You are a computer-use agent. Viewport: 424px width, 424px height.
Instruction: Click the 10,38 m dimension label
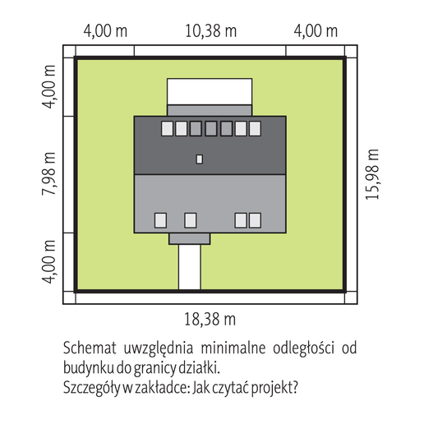[x=211, y=30]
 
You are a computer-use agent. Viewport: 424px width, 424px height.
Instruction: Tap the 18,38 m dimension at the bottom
[x=210, y=319]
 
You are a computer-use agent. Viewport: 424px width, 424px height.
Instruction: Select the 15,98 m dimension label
[x=372, y=174]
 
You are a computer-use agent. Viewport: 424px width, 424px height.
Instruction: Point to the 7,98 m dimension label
[x=48, y=173]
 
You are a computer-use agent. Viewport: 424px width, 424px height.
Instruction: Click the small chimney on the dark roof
[x=200, y=159]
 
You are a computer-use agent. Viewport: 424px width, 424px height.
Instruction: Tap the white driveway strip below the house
[x=190, y=267]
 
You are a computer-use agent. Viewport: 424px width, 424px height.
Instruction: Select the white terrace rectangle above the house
[x=210, y=91]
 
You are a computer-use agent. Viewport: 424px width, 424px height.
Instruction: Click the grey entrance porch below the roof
[x=190, y=239]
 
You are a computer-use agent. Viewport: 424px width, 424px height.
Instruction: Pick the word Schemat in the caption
[x=90, y=348]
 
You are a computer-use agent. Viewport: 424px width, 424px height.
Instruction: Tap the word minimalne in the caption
[x=233, y=348]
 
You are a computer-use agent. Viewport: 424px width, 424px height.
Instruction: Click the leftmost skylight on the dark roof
[x=167, y=128]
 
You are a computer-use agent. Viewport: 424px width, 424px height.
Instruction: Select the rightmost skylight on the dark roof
[x=255, y=128]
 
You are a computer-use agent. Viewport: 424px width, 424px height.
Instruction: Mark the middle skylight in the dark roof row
[x=211, y=128]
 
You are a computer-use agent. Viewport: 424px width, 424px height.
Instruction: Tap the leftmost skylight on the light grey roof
[x=160, y=220]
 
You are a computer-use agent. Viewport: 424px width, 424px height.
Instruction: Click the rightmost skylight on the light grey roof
[x=255, y=220]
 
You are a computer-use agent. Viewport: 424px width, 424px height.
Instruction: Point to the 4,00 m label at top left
[x=105, y=31]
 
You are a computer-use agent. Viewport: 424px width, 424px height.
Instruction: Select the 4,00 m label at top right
[x=316, y=31]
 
